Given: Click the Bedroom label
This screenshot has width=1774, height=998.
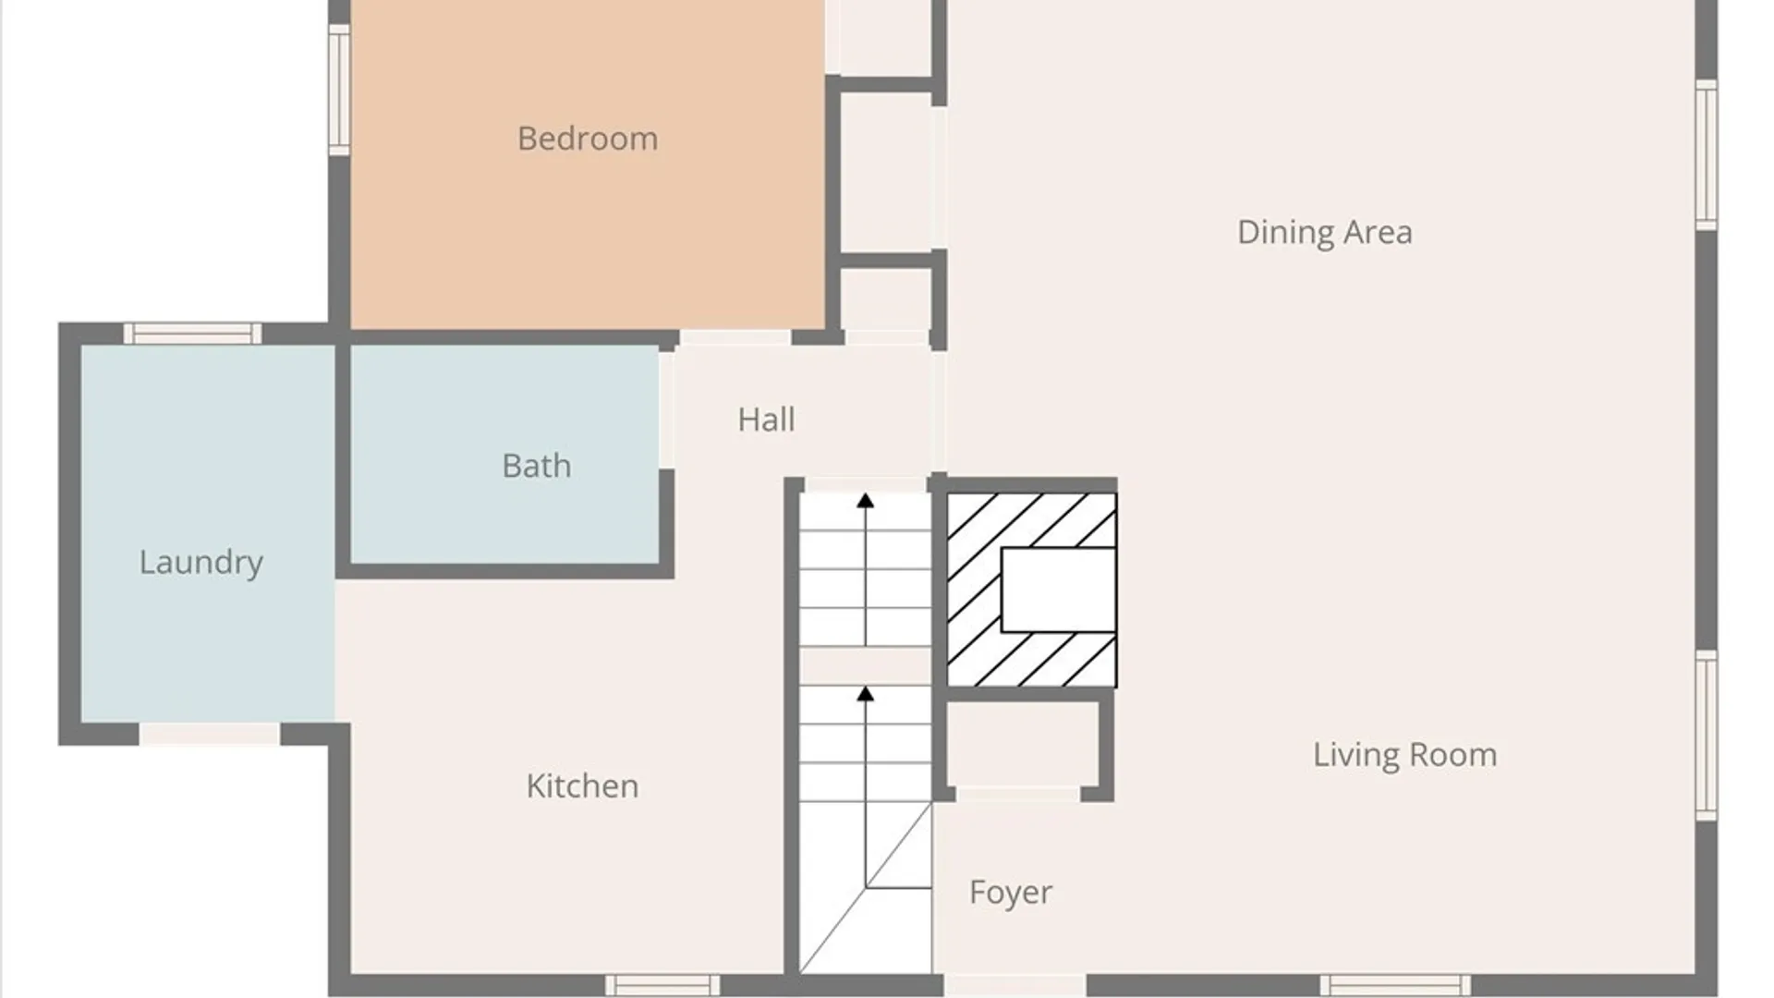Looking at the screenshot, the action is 588,139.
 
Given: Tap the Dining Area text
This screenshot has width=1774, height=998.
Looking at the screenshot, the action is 1324,232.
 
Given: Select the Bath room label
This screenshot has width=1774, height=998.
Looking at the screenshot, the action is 536,466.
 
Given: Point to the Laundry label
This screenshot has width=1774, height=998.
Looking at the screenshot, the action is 201,563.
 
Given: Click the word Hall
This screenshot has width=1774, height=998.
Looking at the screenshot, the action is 766,420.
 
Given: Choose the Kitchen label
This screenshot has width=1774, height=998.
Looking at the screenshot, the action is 582,786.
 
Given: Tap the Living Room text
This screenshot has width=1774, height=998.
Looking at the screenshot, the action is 1404,755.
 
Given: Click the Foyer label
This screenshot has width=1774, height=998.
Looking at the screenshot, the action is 1011,893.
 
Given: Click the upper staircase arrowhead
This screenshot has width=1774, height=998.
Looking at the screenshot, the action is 865,501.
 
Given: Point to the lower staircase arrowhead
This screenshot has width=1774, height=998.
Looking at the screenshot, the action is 865,693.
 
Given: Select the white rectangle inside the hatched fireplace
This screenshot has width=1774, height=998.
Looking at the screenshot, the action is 1058,590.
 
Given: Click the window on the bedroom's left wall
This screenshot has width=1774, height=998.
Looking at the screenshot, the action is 339,90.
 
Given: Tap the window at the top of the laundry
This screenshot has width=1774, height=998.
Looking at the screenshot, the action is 192,334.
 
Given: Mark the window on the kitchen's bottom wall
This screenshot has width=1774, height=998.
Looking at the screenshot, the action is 662,985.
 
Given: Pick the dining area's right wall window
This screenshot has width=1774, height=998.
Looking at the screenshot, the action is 1707,154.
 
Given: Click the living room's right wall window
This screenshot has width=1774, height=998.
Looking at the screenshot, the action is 1707,736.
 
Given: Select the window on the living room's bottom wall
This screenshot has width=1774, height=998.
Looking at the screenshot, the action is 1395,985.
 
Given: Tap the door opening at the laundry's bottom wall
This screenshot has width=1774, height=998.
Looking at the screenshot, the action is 210,735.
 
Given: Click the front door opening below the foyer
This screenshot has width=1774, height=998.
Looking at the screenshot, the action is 1015,985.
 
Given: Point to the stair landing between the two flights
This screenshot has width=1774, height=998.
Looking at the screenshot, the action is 865,666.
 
